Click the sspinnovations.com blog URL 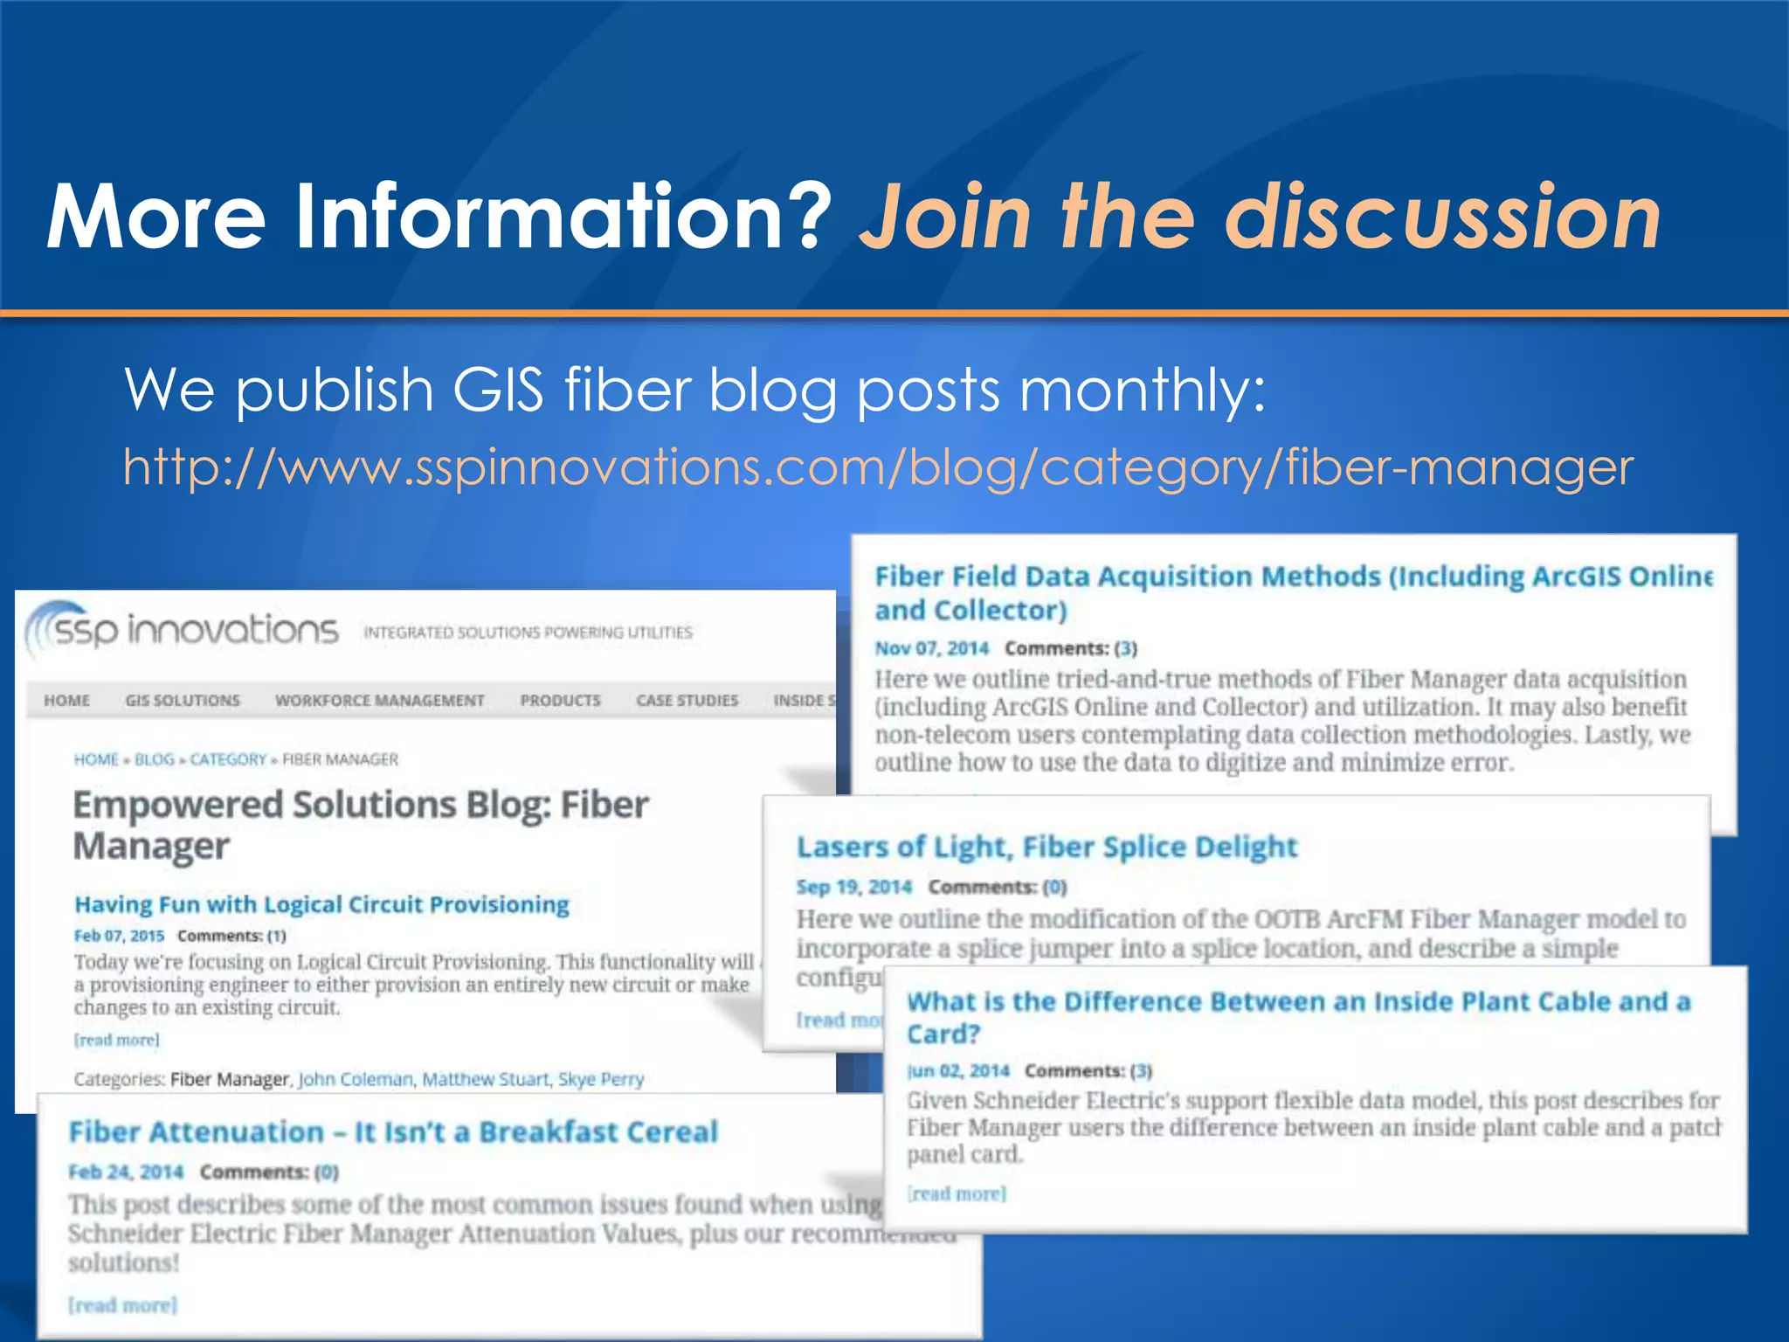tap(877, 468)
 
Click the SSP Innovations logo tap(183, 630)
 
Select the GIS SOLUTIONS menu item tap(183, 701)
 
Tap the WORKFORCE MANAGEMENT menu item tap(379, 701)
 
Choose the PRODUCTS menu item tap(560, 701)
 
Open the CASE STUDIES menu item tap(687, 701)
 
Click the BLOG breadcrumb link tap(154, 760)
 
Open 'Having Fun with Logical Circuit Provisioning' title tap(321, 904)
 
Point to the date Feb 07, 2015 tap(119, 936)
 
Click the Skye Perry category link tap(601, 1080)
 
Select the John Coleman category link tap(356, 1080)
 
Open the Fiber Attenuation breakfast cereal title tap(393, 1132)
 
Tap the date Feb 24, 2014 tap(126, 1172)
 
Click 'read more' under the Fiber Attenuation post tap(122, 1305)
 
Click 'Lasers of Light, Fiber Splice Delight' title tap(1046, 847)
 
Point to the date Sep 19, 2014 tap(853, 888)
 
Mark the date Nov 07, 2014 tap(931, 648)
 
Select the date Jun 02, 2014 tap(957, 1071)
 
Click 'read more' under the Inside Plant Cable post tap(957, 1193)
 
